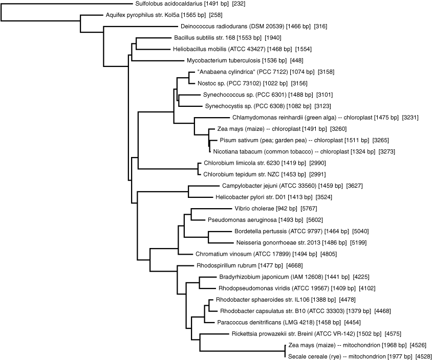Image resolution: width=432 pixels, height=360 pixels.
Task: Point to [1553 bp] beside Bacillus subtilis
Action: [247, 38]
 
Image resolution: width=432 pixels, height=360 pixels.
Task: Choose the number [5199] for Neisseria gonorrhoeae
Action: [357, 242]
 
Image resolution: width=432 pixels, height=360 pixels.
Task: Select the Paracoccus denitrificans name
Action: [245, 322]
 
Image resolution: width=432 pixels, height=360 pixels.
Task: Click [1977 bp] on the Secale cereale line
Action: [397, 356]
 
